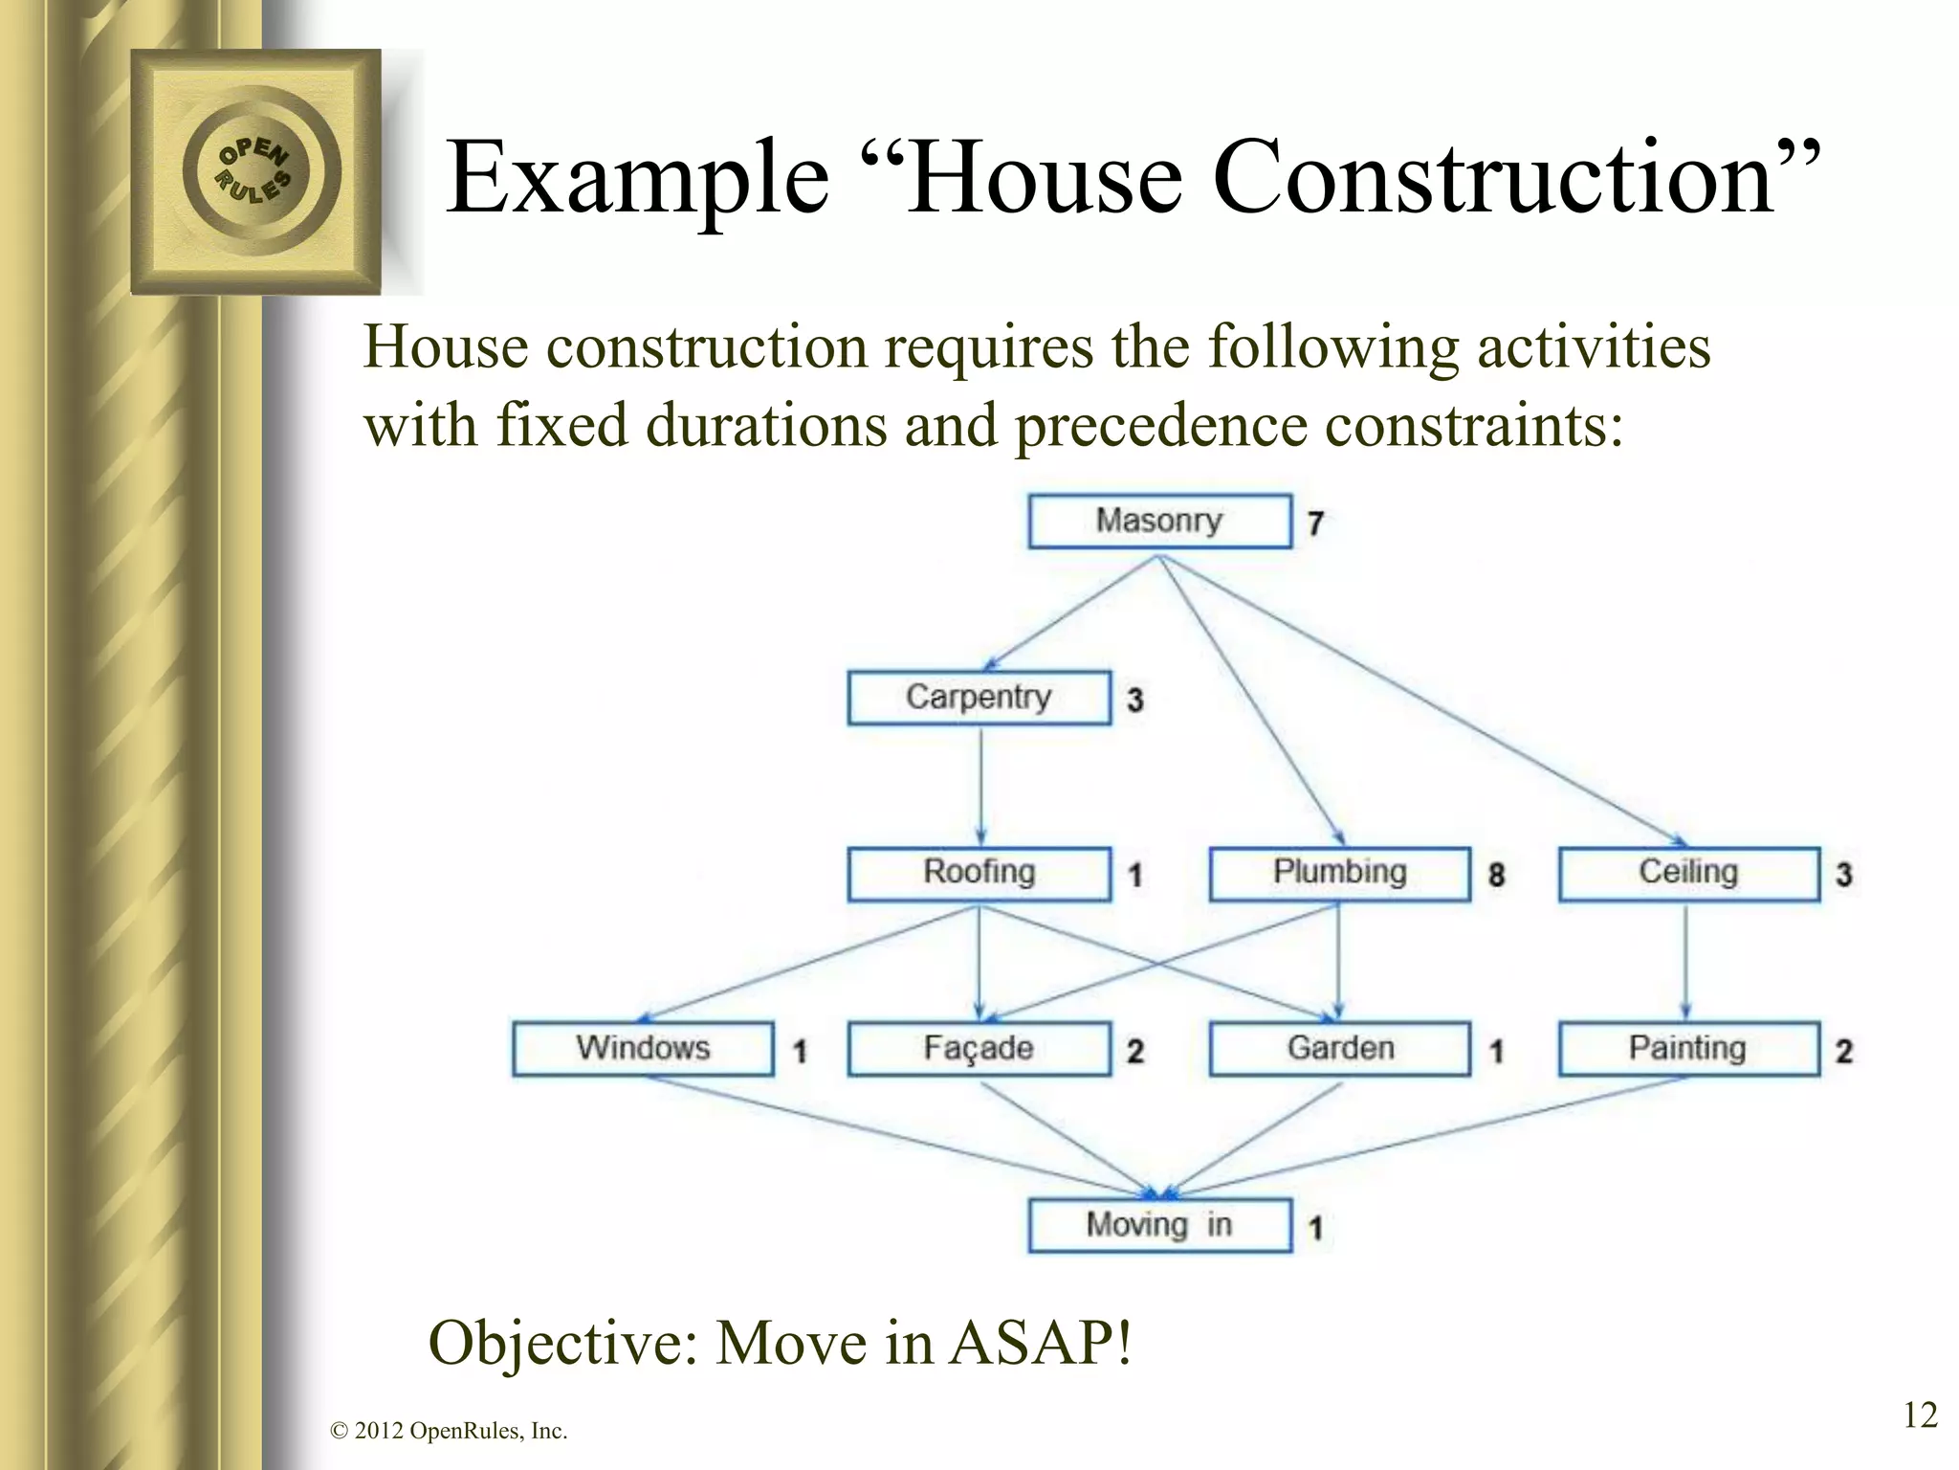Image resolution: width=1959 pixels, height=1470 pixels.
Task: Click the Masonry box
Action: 1159,521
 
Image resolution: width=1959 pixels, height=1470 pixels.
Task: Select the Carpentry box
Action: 979,698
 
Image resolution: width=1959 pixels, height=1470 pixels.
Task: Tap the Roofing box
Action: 979,873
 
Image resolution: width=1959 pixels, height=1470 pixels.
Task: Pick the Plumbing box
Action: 1339,873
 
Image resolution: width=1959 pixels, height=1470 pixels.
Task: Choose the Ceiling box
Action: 1688,873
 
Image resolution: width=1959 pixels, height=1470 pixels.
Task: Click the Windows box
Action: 643,1049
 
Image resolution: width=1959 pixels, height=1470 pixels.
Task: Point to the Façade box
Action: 979,1049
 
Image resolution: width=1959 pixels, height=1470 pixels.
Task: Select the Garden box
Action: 1339,1049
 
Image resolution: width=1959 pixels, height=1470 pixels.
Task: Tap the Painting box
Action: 1688,1049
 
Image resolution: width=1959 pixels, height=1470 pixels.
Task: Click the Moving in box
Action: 1159,1225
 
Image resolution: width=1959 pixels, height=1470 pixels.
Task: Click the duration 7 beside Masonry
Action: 1316,523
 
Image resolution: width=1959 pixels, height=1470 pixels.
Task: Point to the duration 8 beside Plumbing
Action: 1497,875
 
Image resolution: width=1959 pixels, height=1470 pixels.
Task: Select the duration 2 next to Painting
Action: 1845,1052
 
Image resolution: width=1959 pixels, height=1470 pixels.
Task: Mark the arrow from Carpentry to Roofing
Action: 979,785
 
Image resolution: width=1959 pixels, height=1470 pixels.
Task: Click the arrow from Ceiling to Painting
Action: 1685,962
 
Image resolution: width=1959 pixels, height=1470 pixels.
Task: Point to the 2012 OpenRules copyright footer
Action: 449,1432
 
